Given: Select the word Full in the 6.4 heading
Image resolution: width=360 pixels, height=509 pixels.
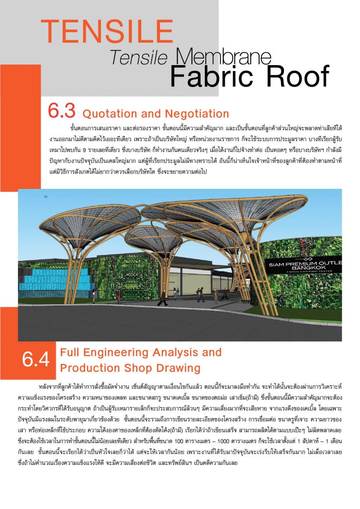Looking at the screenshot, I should tap(70, 352).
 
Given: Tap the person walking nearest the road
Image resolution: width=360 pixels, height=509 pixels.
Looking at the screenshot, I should tap(162, 298).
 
